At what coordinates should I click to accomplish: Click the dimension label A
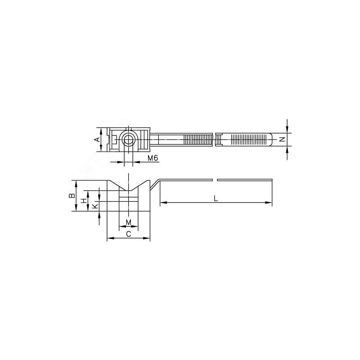(x=98, y=139)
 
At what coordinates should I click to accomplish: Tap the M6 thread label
(x=153, y=158)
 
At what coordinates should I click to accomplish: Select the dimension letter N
(x=283, y=139)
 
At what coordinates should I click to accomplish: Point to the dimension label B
(x=72, y=195)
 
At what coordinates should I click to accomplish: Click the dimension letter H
(x=85, y=201)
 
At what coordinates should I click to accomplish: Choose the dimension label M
(x=129, y=222)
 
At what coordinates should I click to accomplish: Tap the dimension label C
(x=129, y=234)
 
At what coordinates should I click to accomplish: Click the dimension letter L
(x=216, y=198)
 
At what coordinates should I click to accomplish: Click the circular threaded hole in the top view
(x=128, y=139)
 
